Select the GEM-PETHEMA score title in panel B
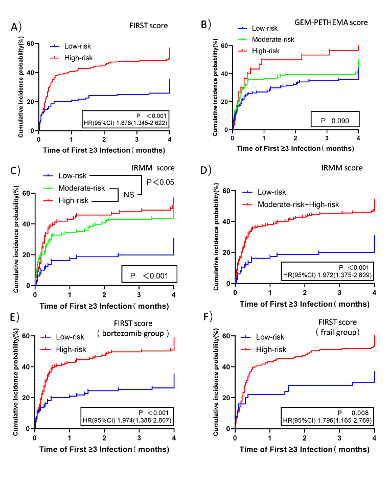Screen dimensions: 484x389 (x=332, y=22)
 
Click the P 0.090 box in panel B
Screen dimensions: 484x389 (x=335, y=120)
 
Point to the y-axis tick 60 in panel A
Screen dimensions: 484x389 (x=32, y=44)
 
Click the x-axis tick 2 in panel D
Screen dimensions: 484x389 (x=305, y=292)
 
